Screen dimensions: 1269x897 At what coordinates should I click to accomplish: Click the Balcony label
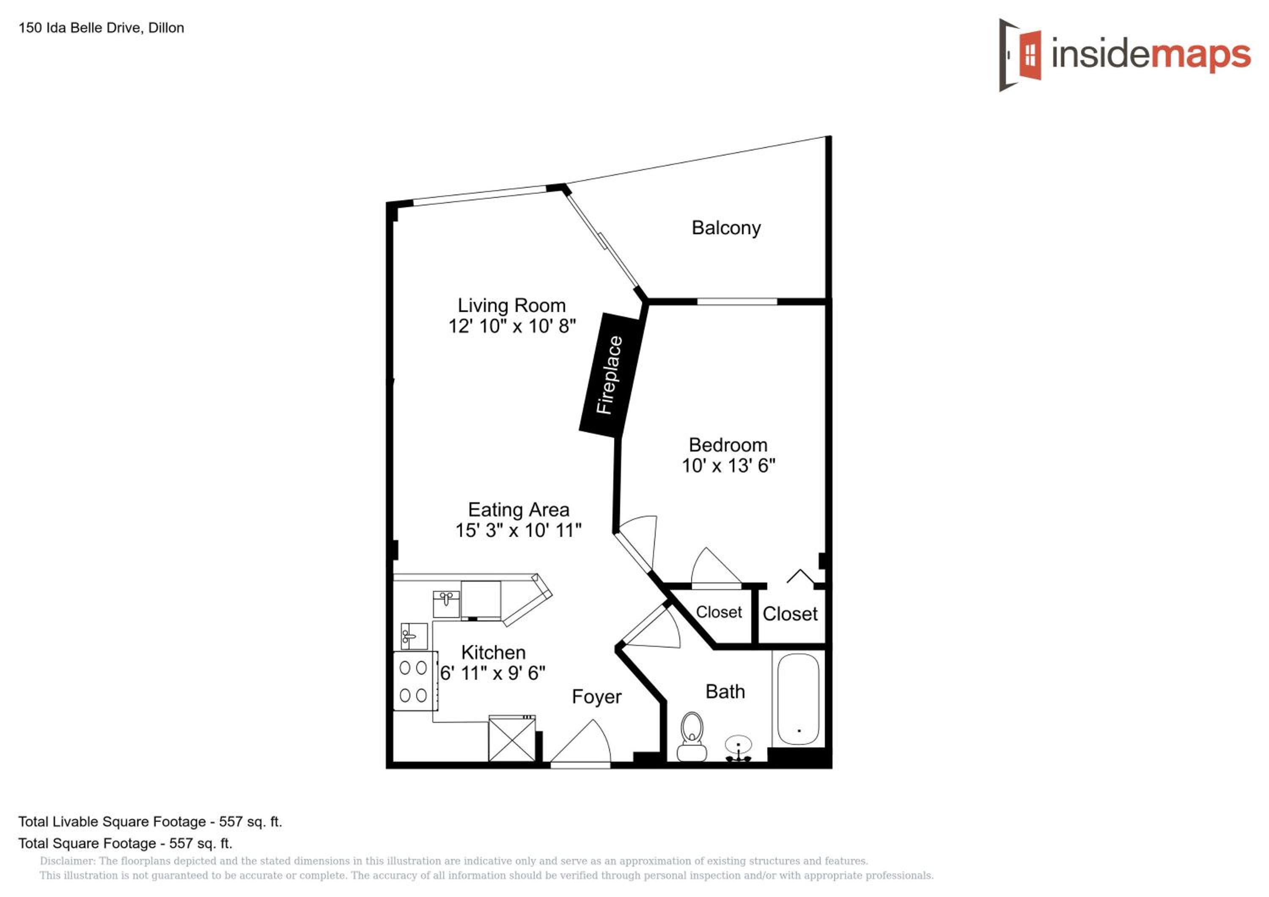point(726,227)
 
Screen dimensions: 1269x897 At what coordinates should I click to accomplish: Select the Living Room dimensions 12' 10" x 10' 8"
point(512,326)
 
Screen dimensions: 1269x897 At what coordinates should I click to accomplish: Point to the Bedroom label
point(728,445)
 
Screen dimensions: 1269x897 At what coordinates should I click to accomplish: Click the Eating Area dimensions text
point(519,530)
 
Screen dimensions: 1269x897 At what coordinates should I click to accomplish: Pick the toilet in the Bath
point(692,736)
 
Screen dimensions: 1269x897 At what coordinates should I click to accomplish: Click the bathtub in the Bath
point(798,699)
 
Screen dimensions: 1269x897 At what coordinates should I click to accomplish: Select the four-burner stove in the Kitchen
point(415,681)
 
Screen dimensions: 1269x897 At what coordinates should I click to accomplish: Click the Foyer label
point(596,697)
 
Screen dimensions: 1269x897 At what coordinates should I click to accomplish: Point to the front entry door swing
point(580,741)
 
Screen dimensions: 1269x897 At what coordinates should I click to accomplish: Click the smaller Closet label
point(719,612)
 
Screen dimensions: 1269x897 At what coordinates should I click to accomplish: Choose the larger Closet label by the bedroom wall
point(790,614)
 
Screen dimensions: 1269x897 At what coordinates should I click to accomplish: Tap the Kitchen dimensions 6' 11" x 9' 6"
point(492,673)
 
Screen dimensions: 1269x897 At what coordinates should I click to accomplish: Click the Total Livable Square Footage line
point(150,822)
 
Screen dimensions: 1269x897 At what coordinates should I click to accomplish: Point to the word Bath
point(725,692)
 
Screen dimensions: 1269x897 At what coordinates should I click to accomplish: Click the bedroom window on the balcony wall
point(737,301)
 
